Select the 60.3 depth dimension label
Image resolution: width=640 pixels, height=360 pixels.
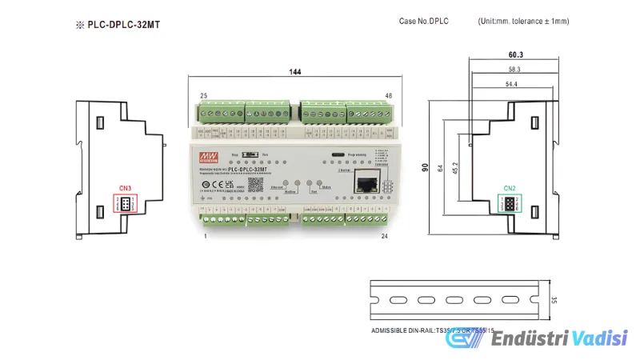515,55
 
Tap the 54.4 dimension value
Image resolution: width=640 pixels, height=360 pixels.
511,84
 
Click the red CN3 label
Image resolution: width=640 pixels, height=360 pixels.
125,189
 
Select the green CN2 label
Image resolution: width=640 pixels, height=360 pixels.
510,189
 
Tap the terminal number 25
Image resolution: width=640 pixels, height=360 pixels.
204,96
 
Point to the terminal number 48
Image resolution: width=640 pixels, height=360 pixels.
388,96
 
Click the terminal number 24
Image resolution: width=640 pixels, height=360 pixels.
385,237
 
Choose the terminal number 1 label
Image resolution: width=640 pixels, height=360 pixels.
206,237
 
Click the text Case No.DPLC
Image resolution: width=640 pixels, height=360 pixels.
423,21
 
